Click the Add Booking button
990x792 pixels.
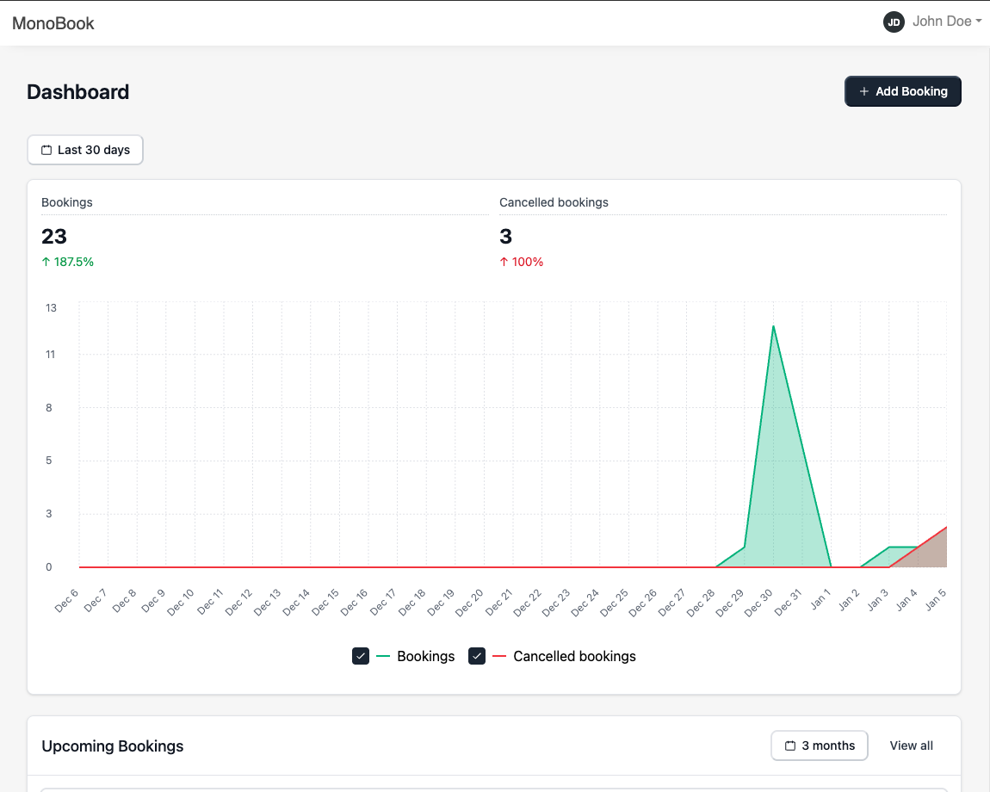902,91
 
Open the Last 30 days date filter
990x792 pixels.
85,150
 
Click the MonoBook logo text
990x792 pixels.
53,23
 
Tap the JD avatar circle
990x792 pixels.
894,22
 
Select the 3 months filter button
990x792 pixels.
819,746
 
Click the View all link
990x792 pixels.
911,746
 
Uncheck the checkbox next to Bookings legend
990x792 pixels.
361,656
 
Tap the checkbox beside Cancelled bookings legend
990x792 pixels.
477,656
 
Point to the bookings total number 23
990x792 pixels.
54,236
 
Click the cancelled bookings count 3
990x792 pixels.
505,236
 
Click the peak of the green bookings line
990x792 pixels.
773,326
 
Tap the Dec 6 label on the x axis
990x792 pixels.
66,600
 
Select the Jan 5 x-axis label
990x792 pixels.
936,599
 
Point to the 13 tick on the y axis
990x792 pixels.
51,308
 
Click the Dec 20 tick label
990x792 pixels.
469,603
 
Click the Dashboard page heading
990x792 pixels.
78,92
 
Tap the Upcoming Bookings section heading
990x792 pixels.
113,746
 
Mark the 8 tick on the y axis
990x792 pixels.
48,408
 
